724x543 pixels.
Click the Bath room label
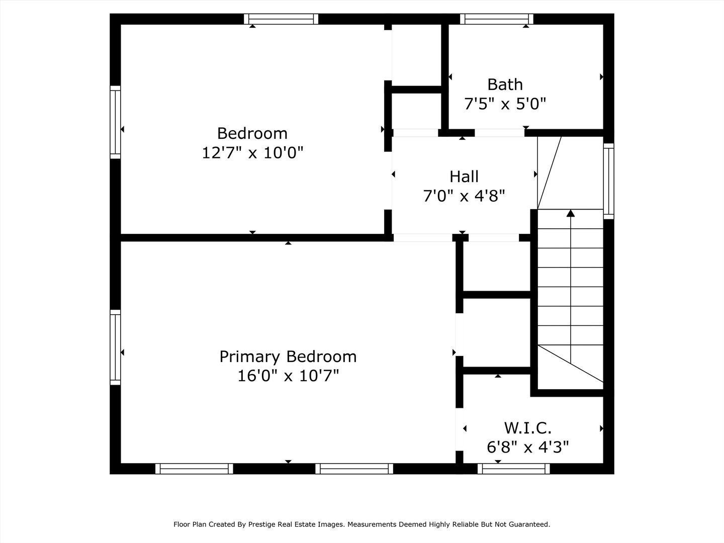[x=505, y=85]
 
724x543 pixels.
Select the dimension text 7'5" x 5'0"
[x=505, y=104]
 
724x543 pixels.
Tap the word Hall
[x=464, y=176]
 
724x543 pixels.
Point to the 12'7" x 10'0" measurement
[x=252, y=153]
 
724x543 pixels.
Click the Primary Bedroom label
[x=288, y=357]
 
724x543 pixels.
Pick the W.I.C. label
[x=528, y=428]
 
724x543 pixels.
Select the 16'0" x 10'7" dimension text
[x=288, y=376]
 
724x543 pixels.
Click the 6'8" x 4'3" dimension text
[x=528, y=447]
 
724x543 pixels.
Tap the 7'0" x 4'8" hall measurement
[x=464, y=196]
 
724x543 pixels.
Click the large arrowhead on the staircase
[x=571, y=213]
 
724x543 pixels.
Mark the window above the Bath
[x=497, y=19]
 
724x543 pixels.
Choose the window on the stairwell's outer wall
[x=609, y=181]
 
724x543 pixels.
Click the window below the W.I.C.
[x=513, y=469]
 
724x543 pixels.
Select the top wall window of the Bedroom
[x=281, y=19]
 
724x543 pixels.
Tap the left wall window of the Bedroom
[x=115, y=122]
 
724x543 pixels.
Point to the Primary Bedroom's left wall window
[x=115, y=347]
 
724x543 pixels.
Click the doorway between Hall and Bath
[x=500, y=133]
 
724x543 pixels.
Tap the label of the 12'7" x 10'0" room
[x=252, y=134]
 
